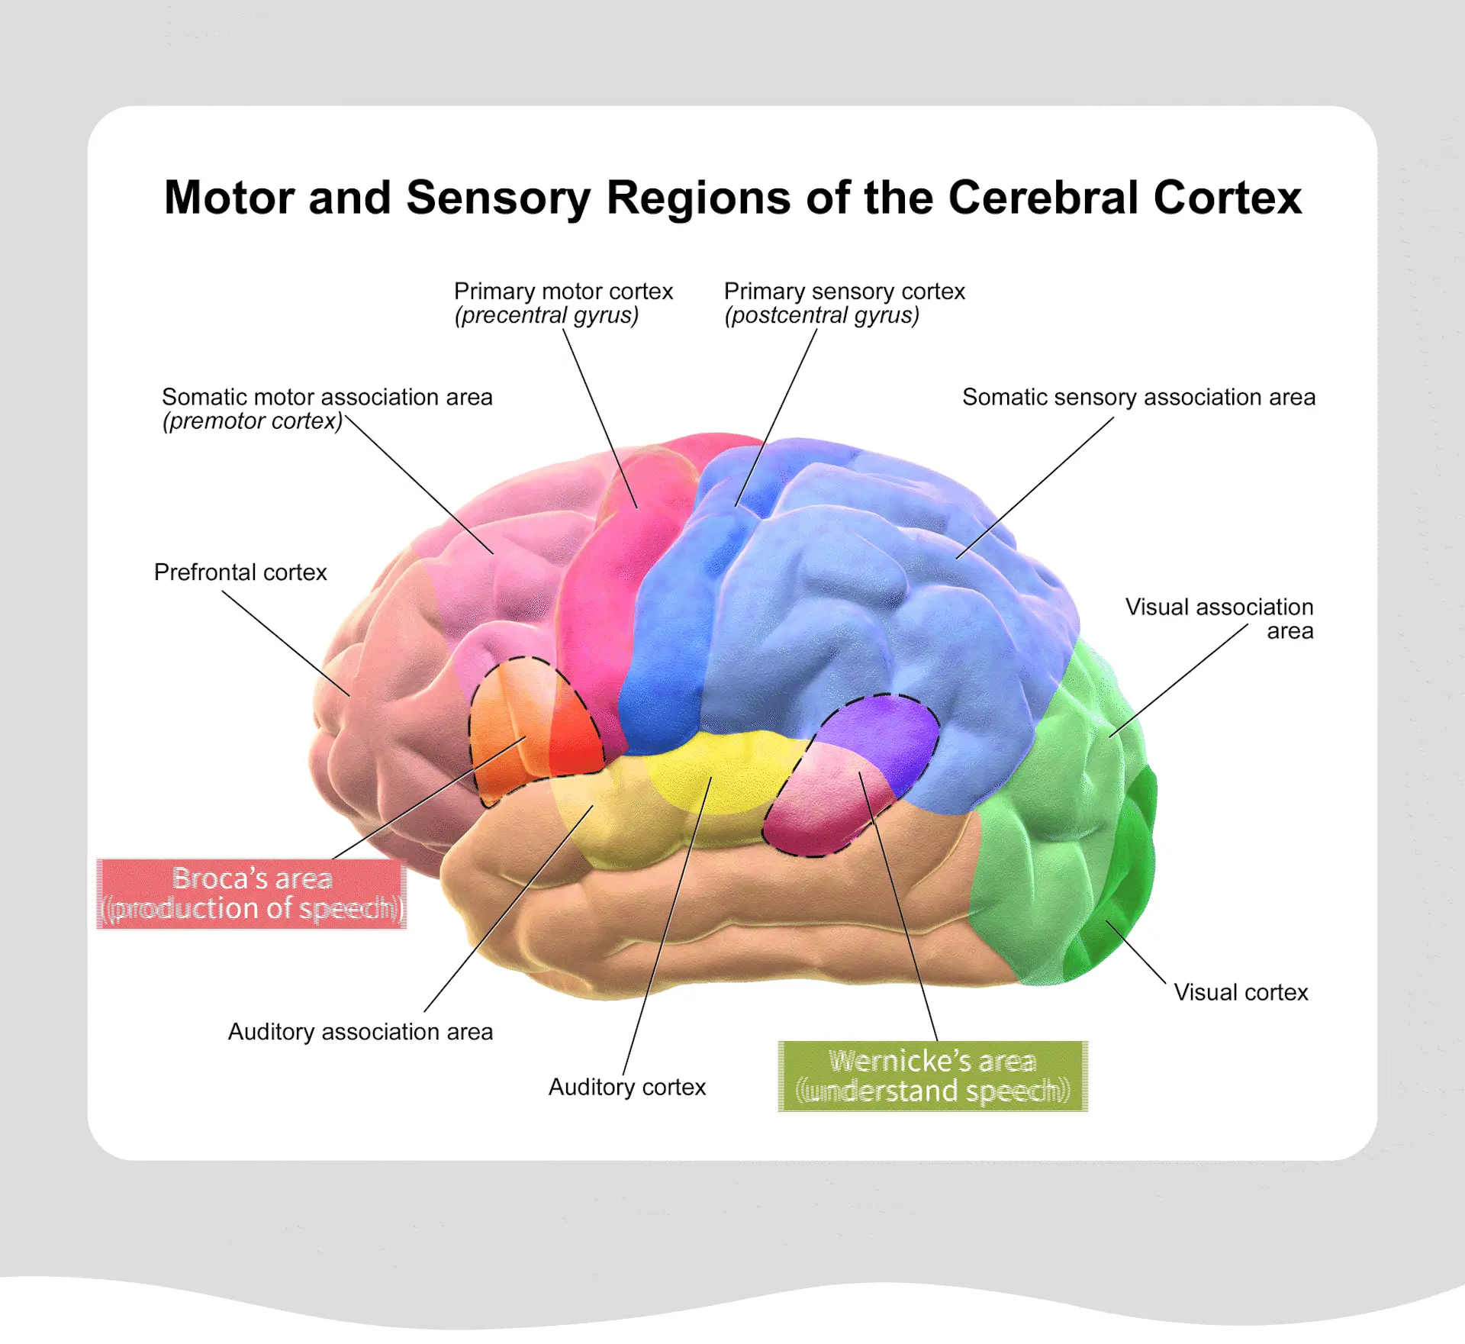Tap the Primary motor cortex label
point(563,292)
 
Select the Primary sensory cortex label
point(844,292)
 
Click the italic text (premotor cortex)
point(253,421)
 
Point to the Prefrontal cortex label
point(240,572)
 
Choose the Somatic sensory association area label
point(1138,397)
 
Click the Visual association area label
point(1219,618)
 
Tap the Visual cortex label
point(1241,992)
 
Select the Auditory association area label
point(360,1032)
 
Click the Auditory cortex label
point(627,1087)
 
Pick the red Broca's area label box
point(252,894)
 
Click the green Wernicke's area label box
point(932,1076)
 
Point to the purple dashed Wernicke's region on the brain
point(877,733)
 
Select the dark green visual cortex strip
point(1129,878)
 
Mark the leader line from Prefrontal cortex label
point(286,643)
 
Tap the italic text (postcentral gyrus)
point(822,315)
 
